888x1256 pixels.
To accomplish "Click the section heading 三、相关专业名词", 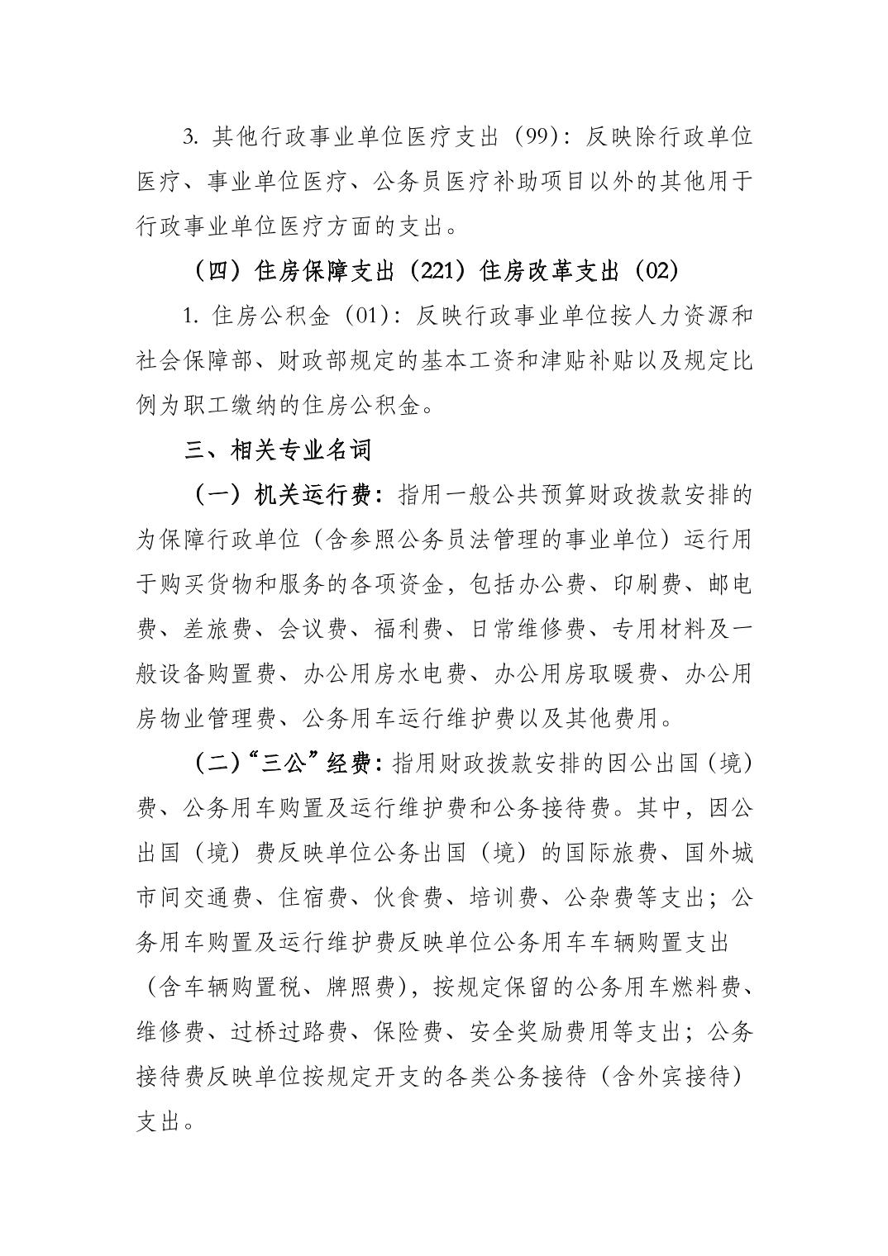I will (x=278, y=450).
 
